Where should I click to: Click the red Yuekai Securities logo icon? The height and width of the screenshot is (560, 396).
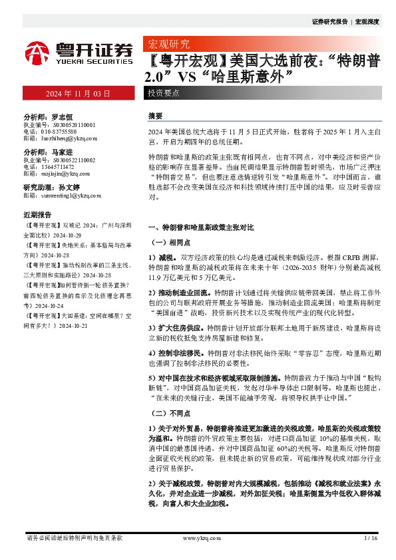[x=37, y=52]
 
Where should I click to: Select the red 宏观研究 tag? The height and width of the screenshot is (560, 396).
[x=167, y=45]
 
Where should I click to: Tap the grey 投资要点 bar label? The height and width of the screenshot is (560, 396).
[x=163, y=94]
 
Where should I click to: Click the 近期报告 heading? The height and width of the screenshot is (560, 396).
[x=37, y=215]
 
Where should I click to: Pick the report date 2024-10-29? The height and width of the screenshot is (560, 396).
[x=70, y=235]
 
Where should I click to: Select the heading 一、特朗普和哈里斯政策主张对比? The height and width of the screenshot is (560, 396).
[x=200, y=227]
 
